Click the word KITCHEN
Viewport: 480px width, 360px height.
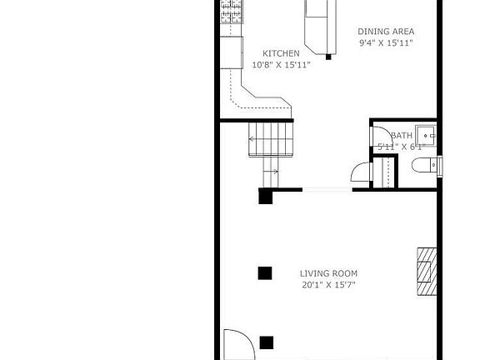281,53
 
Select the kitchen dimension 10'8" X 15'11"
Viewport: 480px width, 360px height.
281,65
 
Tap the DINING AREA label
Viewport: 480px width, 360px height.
386,32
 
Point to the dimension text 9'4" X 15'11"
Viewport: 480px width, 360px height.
386,42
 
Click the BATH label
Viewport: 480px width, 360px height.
402,136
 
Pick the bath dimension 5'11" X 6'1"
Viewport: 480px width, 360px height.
401,147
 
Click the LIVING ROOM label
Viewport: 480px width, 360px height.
328,273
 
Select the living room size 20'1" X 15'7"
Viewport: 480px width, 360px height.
328,285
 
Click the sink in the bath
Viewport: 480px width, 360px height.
427,135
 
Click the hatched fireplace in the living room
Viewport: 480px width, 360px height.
427,272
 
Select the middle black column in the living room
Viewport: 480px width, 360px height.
265,272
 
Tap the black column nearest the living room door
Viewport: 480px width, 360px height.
267,342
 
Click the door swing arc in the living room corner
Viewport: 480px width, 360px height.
237,343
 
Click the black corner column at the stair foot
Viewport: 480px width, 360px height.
265,197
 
